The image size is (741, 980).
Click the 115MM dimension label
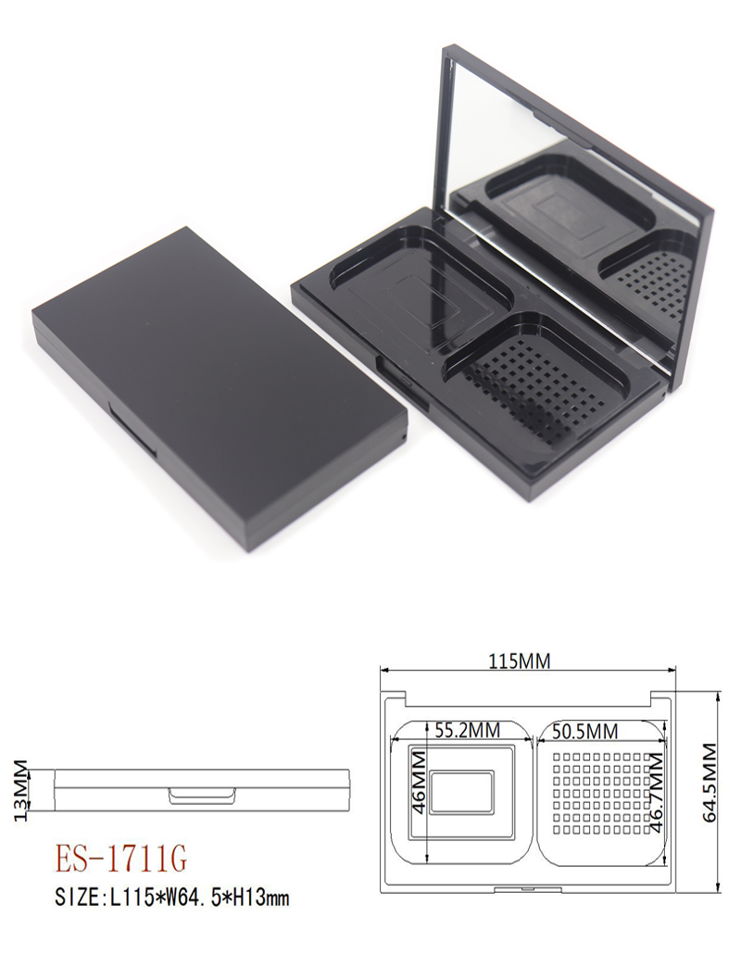(520, 660)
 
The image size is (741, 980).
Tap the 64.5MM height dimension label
(710, 782)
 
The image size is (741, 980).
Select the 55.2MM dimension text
(468, 730)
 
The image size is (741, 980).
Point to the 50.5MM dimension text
(585, 730)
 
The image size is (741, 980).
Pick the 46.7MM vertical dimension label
(656, 791)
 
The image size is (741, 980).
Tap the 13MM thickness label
(20, 790)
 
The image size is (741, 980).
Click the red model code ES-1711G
(121, 859)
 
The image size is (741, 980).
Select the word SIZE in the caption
(78, 898)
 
